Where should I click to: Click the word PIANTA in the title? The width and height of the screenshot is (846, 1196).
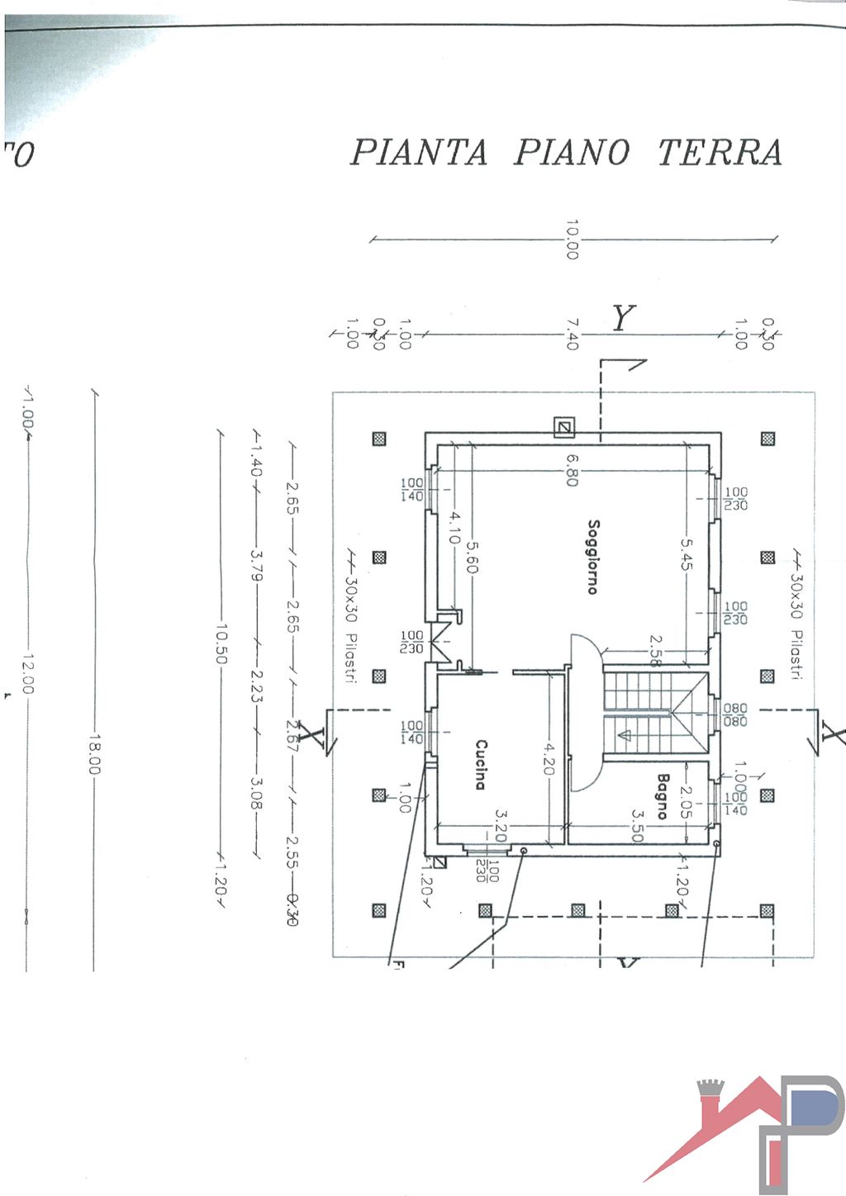[x=419, y=152]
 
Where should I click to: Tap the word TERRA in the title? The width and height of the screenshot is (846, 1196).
[x=720, y=152]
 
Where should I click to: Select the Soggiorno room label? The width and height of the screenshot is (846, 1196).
[x=592, y=556]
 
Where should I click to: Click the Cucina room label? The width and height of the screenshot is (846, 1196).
[x=480, y=764]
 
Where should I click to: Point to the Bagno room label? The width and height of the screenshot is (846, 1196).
[x=662, y=795]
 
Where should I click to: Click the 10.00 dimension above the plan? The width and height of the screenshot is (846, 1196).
[x=572, y=239]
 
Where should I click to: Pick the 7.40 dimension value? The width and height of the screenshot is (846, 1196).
[x=572, y=334]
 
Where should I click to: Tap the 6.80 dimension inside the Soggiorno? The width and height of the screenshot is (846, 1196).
[x=572, y=470]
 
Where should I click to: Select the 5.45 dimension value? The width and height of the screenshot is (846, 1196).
[x=687, y=553]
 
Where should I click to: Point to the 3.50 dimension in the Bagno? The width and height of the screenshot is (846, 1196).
[x=637, y=825]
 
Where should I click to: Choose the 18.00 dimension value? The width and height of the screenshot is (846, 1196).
[x=93, y=753]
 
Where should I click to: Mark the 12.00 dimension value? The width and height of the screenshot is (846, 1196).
[x=27, y=673]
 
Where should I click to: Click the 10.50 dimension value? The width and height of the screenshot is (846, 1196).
[x=221, y=643]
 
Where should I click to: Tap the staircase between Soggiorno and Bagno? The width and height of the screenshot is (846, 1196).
[x=655, y=712]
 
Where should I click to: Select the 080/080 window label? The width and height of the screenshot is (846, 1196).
[x=734, y=714]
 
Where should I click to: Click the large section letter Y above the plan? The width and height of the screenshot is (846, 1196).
[x=624, y=317]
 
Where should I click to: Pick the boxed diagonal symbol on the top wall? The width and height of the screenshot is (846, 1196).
[x=563, y=427]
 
